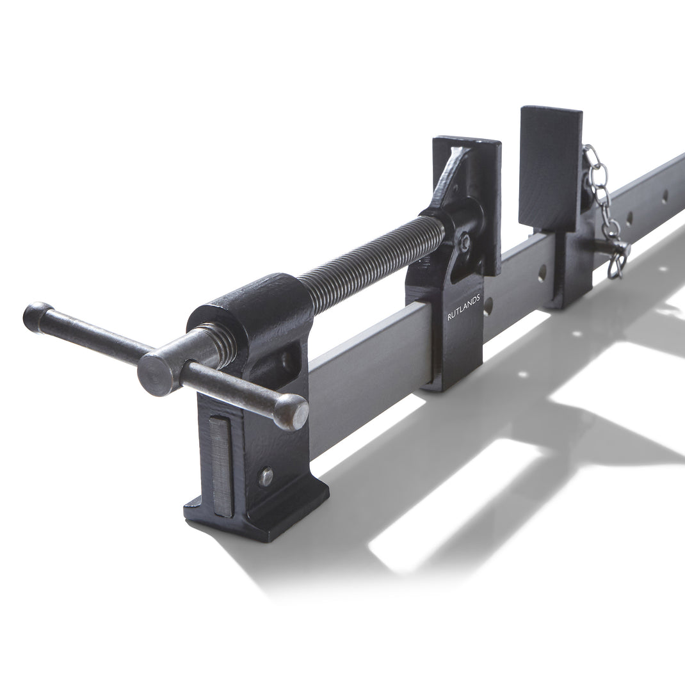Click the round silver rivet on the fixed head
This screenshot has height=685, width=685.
pyautogui.click(x=266, y=476)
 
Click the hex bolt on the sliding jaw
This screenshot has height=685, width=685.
pyautogui.click(x=466, y=240)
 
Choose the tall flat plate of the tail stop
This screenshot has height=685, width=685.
pyautogui.click(x=549, y=166)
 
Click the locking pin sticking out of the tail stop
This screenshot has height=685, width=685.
pyautogui.click(x=605, y=246)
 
